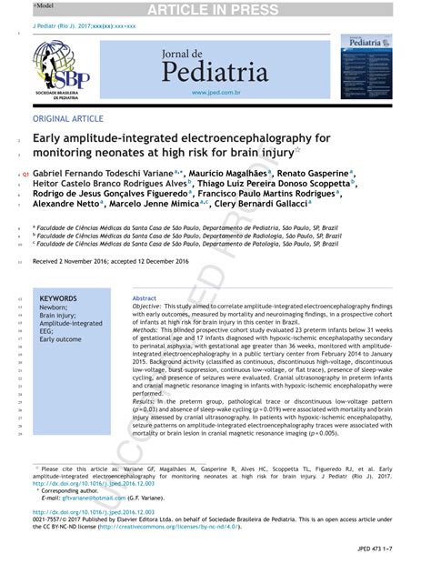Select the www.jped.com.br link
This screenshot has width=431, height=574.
[215, 92]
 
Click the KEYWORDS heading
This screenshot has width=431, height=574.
[58, 297]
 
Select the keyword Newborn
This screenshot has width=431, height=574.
[55, 307]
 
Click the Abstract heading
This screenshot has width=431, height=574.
[145, 298]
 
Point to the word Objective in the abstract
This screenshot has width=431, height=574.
[146, 308]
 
